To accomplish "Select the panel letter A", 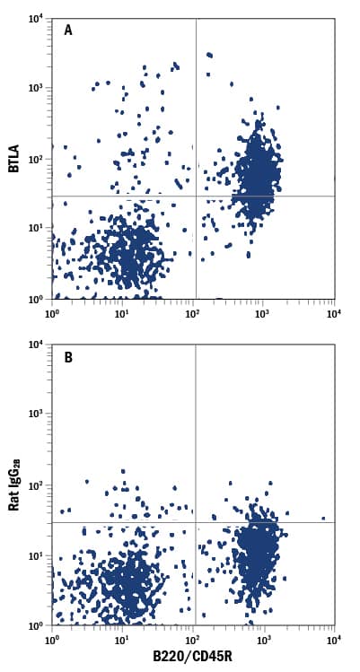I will tap(68, 30).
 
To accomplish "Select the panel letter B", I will tap(68, 356).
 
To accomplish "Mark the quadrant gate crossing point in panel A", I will tap(196, 196).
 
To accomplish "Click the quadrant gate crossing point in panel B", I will tap(196, 522).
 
